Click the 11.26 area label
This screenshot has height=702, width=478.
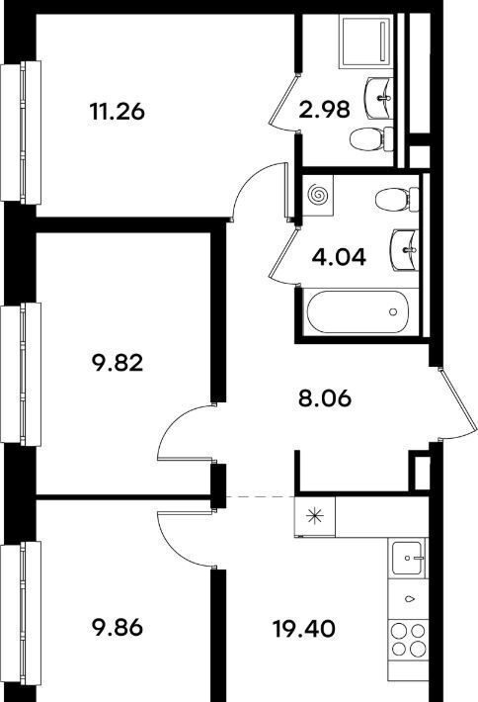pyautogui.click(x=118, y=112)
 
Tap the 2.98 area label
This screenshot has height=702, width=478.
pyautogui.click(x=324, y=109)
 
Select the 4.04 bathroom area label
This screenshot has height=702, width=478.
pyautogui.click(x=339, y=257)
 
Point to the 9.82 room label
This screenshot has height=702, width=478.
pyautogui.click(x=118, y=363)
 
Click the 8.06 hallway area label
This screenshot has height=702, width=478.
pyautogui.click(x=325, y=398)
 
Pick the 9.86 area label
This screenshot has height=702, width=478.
pyautogui.click(x=118, y=628)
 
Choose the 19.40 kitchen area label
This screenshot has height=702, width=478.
pyautogui.click(x=304, y=629)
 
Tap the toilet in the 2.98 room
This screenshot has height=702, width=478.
pyautogui.click(x=371, y=139)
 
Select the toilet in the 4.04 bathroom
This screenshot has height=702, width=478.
pyautogui.click(x=397, y=199)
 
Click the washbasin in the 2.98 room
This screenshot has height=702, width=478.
pyautogui.click(x=379, y=98)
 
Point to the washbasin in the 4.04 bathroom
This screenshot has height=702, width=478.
pyautogui.click(x=404, y=250)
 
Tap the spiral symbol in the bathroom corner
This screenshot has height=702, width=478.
pyautogui.click(x=318, y=195)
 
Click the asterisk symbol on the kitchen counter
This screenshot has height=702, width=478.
pyautogui.click(x=315, y=517)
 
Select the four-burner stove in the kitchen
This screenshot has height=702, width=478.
pyautogui.click(x=407, y=640)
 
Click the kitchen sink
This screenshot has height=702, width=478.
pyautogui.click(x=407, y=558)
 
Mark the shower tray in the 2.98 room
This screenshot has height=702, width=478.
pyautogui.click(x=365, y=42)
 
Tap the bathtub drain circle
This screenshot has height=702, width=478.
pyautogui.click(x=393, y=311)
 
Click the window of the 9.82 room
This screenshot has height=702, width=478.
pyautogui.click(x=21, y=375)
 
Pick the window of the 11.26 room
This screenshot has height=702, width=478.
pyautogui.click(x=21, y=132)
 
